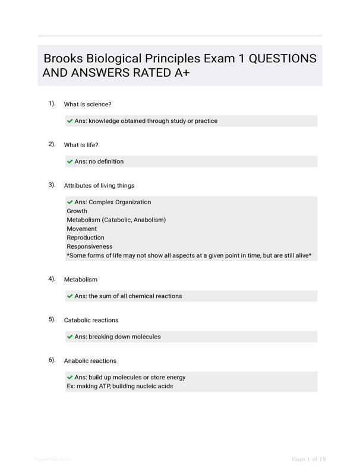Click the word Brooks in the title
click(63, 59)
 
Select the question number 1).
click(52, 103)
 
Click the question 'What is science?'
click(87, 104)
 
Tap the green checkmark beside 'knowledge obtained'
click(70, 121)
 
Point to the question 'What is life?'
click(81, 145)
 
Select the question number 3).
click(52, 185)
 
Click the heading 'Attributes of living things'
click(99, 186)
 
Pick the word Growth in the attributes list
click(77, 211)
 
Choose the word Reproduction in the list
click(86, 237)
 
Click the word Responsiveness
click(89, 246)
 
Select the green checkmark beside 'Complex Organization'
click(70, 202)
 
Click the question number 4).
click(52, 278)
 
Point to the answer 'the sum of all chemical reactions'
click(135, 296)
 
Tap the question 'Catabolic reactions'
click(91, 321)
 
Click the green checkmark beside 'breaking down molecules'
click(70, 337)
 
